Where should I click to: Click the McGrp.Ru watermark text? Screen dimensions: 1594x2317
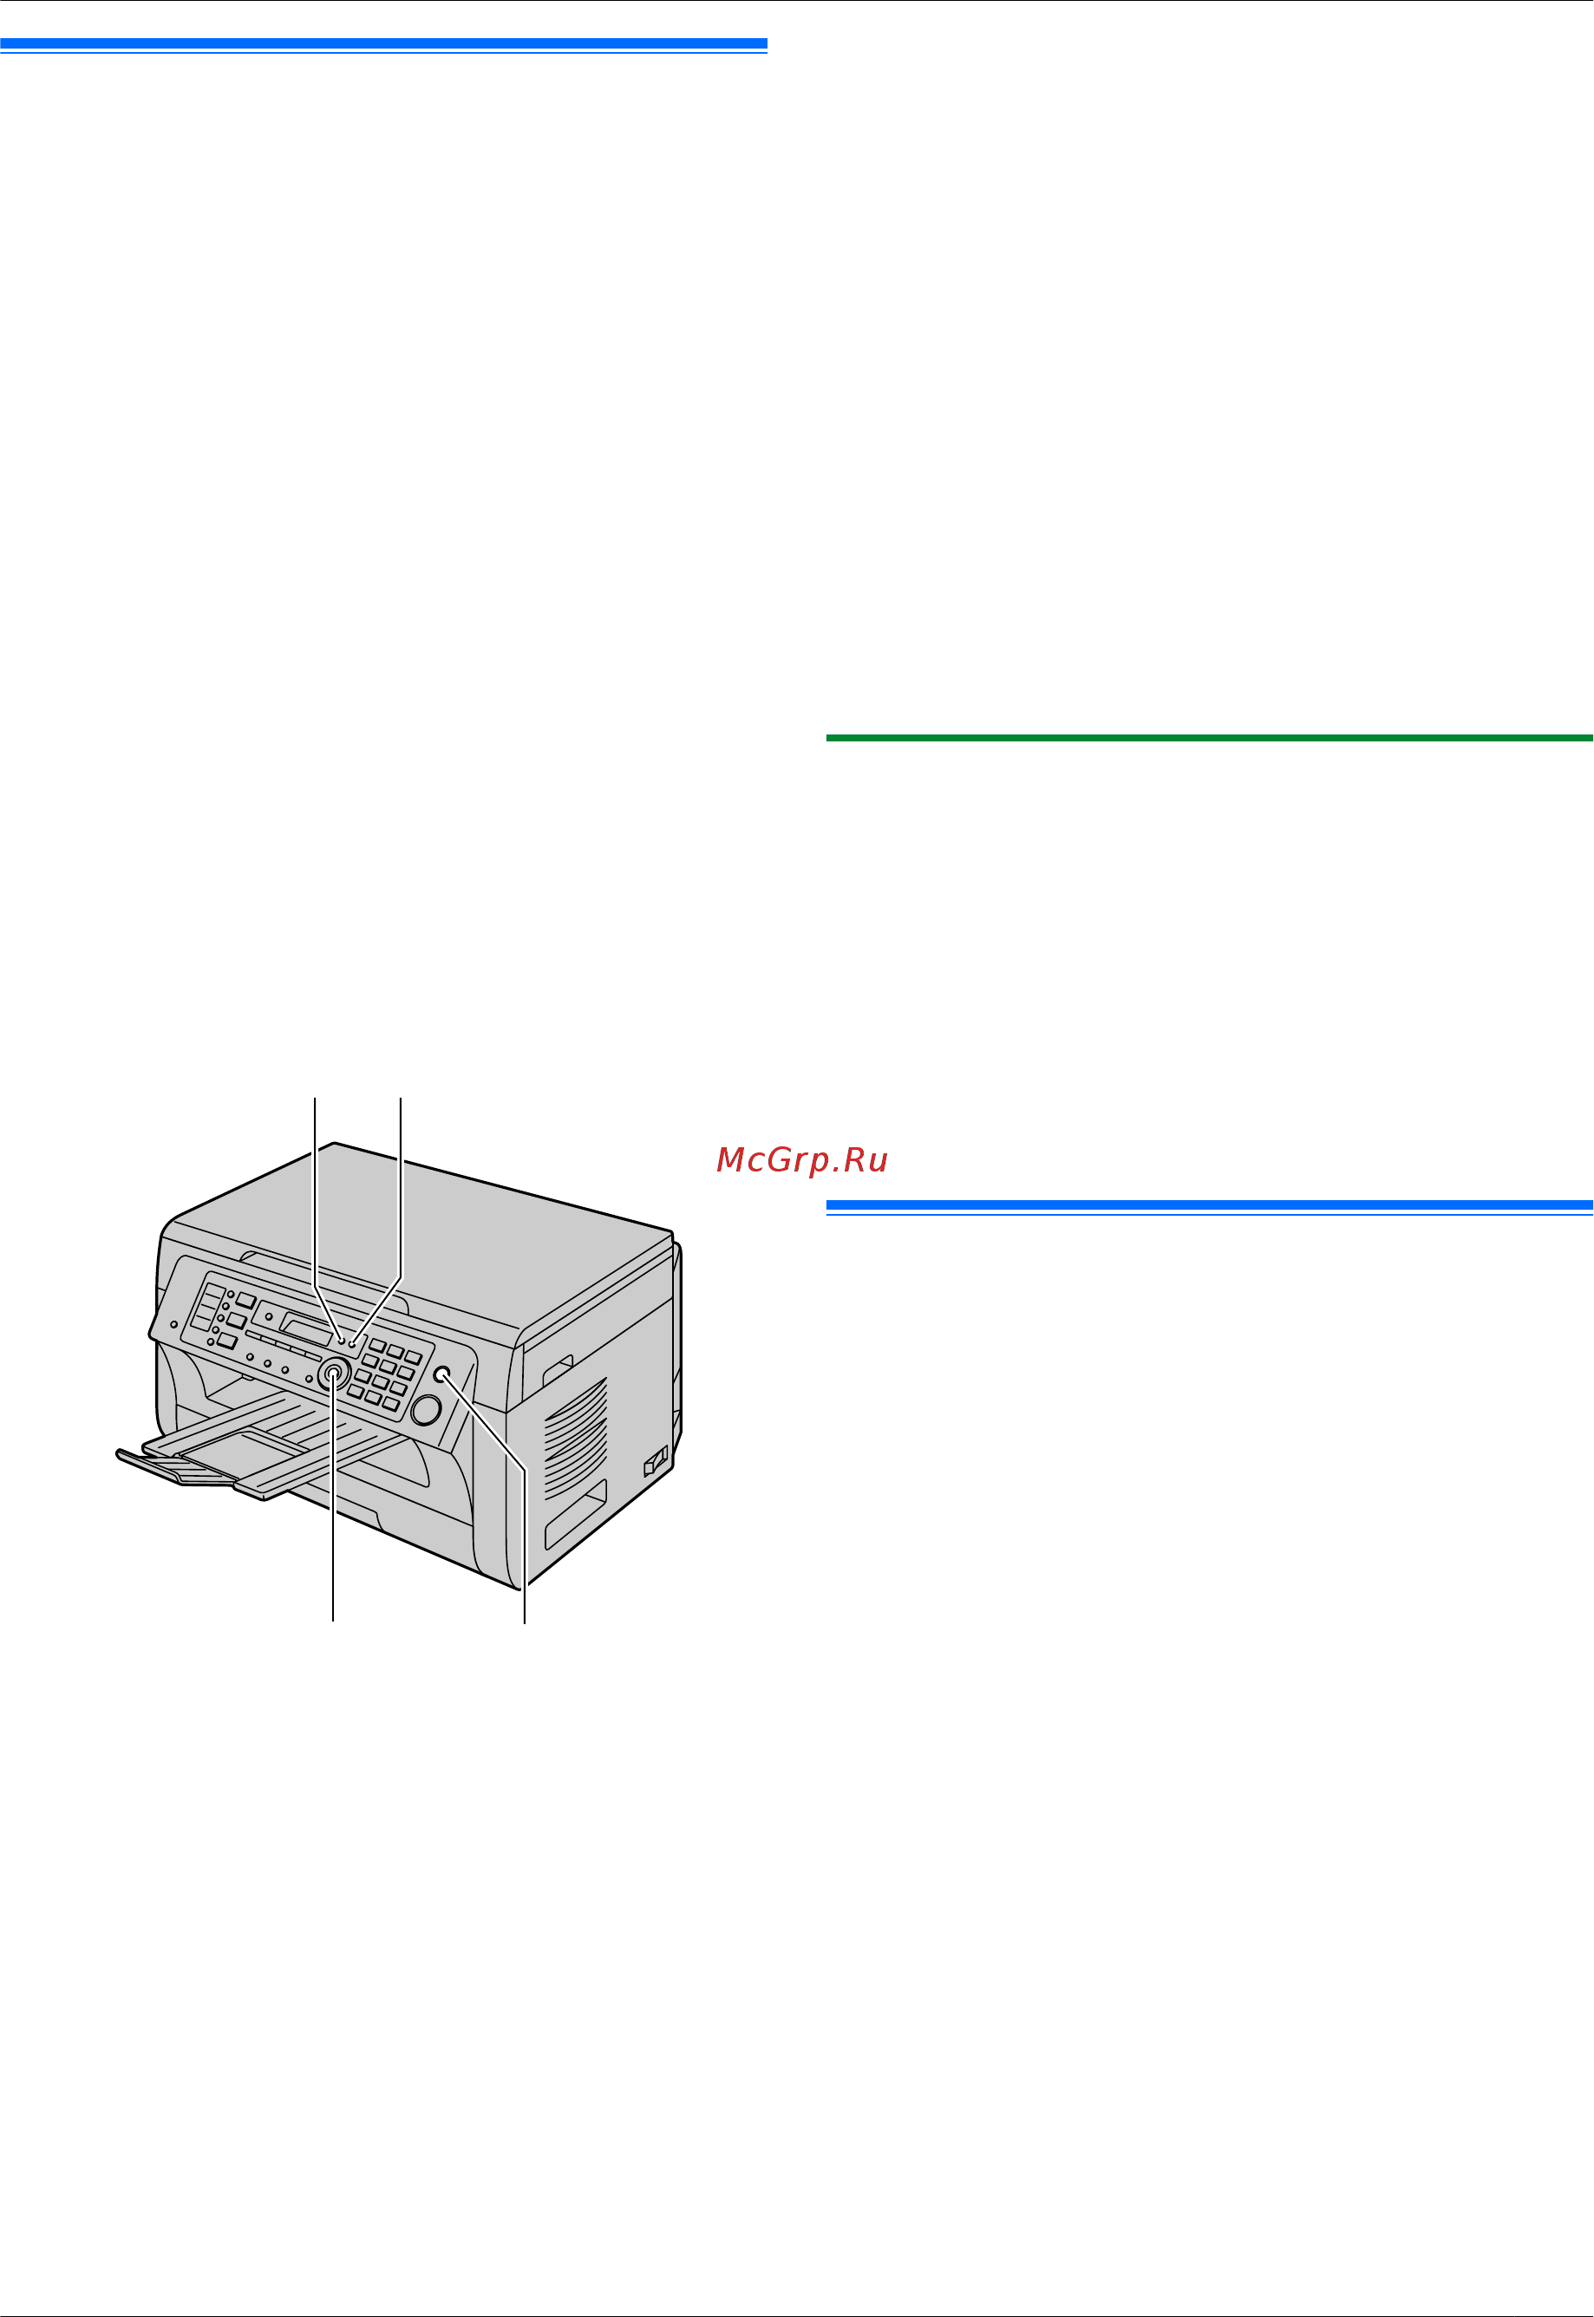(x=802, y=1159)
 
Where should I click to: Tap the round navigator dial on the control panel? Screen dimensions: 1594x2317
(x=335, y=1375)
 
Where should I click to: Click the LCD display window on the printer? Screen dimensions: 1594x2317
(x=307, y=1329)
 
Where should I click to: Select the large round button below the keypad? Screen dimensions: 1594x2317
(x=426, y=1409)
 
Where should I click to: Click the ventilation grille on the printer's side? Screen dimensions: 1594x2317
(x=575, y=1437)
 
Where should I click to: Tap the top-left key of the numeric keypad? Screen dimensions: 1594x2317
(x=377, y=1344)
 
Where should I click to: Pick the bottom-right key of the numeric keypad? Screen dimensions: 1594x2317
(x=391, y=1404)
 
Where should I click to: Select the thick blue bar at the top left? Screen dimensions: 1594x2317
(x=383, y=44)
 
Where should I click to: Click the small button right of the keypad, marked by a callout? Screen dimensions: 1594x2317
(x=442, y=1375)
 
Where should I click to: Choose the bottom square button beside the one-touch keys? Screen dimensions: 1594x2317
(x=226, y=1341)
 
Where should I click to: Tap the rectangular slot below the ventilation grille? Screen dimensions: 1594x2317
(x=575, y=1515)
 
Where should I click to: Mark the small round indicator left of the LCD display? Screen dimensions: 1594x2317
(x=268, y=1316)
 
